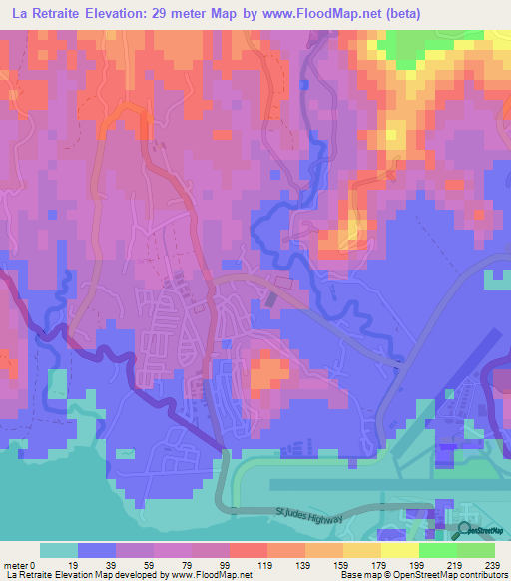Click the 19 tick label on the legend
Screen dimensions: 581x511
(71, 565)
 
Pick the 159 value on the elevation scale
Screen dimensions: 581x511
(312, 565)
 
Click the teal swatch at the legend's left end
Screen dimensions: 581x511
(58, 550)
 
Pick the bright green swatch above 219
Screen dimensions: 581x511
(438, 550)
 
